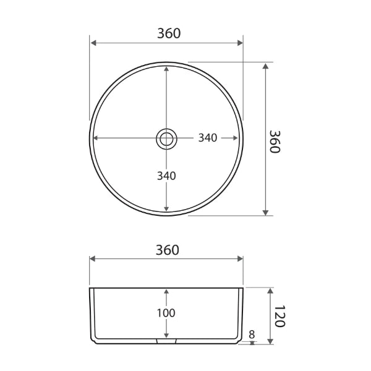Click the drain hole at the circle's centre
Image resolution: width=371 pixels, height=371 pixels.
(x=166, y=139)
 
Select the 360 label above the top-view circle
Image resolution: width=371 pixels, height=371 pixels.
(x=169, y=33)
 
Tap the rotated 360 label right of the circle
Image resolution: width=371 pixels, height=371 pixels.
(x=276, y=142)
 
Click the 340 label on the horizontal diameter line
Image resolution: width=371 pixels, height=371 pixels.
(x=207, y=138)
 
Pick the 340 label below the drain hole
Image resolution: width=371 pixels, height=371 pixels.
(x=166, y=176)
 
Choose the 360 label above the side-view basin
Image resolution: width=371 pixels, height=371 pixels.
(x=167, y=250)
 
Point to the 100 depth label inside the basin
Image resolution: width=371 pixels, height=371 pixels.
(x=166, y=313)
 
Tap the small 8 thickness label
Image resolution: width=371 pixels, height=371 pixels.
(x=252, y=335)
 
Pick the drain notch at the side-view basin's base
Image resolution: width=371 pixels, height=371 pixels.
(x=166, y=340)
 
